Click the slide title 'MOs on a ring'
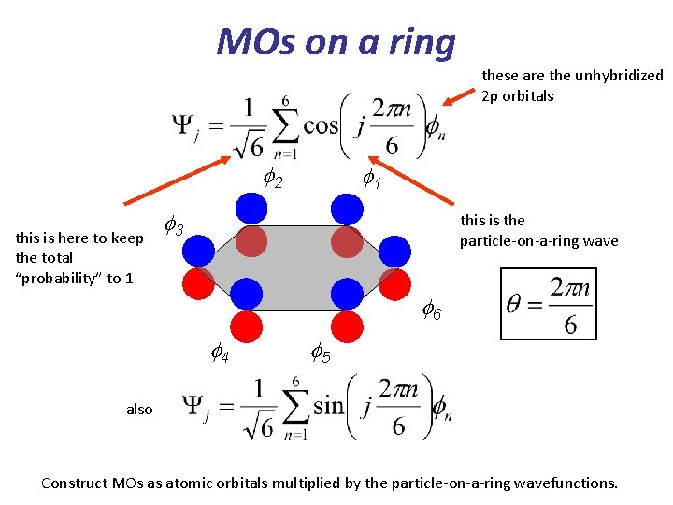[x=336, y=41]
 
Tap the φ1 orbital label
[x=372, y=178]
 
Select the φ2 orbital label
[x=273, y=178]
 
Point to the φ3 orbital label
[x=173, y=225]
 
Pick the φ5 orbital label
[x=320, y=353]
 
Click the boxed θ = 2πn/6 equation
[x=548, y=304]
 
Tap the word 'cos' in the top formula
[x=321, y=125]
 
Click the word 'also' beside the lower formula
[x=139, y=409]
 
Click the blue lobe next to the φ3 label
[x=199, y=249]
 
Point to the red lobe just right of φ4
[x=247, y=325]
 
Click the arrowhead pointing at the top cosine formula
[x=447, y=99]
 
